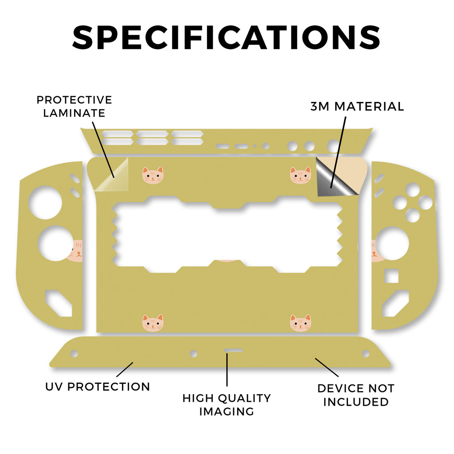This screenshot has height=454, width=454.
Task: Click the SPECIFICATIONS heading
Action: pos(226,37)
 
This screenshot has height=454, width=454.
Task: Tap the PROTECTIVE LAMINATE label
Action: pos(74,106)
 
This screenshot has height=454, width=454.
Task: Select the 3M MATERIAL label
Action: pos(357,106)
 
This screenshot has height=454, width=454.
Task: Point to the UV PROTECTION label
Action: pos(98,387)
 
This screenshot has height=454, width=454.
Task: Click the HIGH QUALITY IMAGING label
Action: pos(227,405)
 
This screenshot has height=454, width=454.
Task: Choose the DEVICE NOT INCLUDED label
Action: pos(356,395)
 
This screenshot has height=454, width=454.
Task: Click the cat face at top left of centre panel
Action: pos(153,175)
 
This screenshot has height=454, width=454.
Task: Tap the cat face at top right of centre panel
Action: pos(301,175)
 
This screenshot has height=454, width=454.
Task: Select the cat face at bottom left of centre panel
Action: pos(153,323)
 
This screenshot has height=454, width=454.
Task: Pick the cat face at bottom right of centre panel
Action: pos(301,323)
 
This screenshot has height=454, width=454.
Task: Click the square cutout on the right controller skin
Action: pos(391,276)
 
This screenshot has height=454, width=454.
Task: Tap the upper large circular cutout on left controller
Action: pos(45,202)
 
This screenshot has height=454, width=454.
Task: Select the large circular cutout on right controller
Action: pos(392,243)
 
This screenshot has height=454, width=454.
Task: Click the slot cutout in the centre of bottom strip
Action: pos(233,350)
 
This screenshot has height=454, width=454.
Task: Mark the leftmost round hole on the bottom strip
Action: pos(74,353)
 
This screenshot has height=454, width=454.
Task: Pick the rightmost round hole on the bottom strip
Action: pos(366,353)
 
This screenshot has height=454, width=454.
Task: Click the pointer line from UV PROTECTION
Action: pos(125,369)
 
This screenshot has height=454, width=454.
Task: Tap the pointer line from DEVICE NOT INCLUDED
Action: pos(327,368)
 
